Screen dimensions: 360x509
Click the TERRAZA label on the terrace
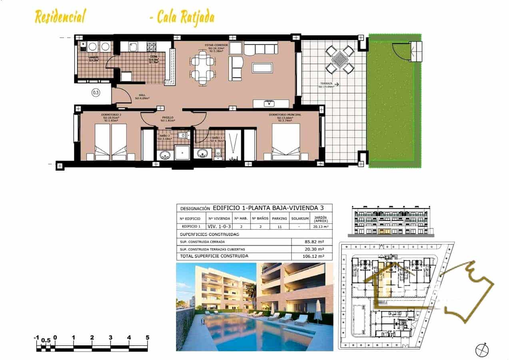325,85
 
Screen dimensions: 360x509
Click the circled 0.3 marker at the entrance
96,93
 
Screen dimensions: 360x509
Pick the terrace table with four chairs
340,60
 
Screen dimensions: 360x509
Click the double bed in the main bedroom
285,142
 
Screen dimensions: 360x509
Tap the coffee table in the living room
262,68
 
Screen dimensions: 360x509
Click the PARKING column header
279,218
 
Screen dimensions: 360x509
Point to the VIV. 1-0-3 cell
219,226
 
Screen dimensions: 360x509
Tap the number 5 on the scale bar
148,338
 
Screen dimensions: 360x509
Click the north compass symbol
482,350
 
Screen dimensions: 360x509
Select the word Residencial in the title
60,17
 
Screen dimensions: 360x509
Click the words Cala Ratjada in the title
186,17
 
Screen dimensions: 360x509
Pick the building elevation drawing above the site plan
391,221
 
